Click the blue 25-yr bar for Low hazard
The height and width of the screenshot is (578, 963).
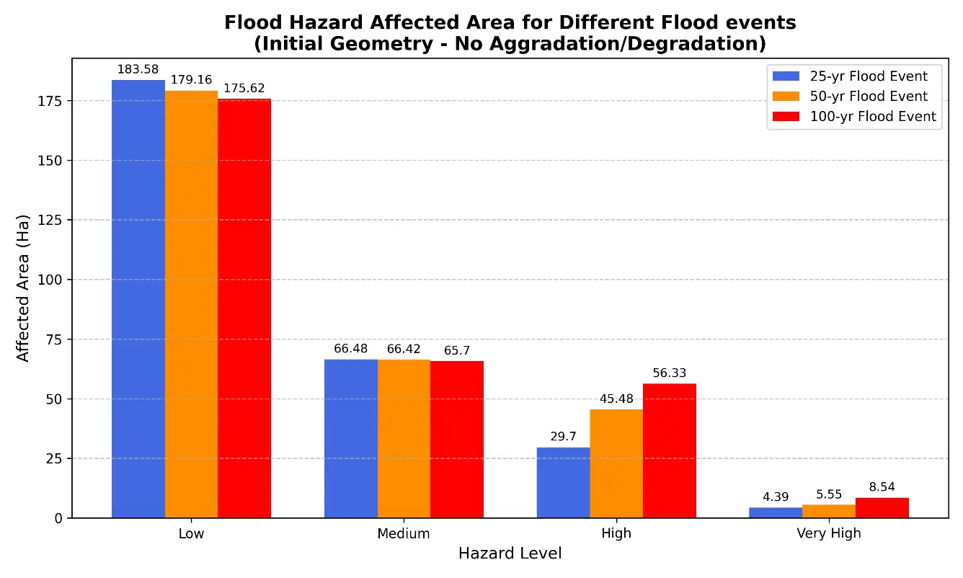(138, 298)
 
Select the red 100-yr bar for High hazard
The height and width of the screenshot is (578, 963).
(670, 451)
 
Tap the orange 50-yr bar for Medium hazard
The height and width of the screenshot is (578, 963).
(404, 439)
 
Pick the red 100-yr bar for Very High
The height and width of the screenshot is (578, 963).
(882, 508)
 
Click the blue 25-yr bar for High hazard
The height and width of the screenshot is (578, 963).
(563, 483)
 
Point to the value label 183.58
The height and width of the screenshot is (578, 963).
(138, 69)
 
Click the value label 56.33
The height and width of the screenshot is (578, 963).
(670, 373)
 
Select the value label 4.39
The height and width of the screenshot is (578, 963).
(776, 497)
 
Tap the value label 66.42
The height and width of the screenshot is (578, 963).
(404, 349)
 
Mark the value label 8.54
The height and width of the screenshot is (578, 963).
(882, 487)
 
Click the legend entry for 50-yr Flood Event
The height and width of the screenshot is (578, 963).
(850, 96)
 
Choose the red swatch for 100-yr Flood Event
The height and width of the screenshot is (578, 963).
(786, 116)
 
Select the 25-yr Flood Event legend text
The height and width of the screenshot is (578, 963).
(869, 76)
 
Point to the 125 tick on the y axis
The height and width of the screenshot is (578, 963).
(50, 220)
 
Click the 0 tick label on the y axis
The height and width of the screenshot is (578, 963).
(58, 518)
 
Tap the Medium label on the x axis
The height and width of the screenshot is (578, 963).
(403, 533)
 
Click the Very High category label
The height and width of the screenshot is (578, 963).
(829, 533)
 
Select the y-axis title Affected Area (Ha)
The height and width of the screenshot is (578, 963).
(23, 288)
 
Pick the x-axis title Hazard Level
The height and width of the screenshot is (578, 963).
(510, 553)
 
